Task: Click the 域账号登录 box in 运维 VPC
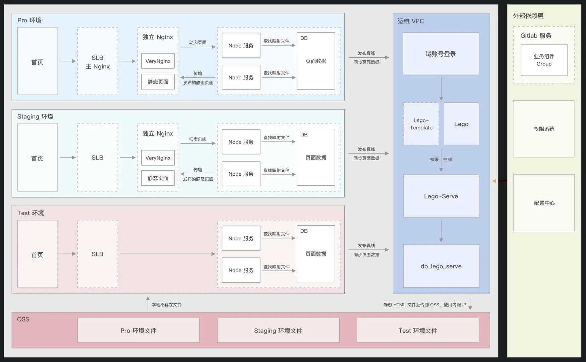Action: (x=441, y=54)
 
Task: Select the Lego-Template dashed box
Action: (x=421, y=124)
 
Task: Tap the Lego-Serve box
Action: (x=441, y=196)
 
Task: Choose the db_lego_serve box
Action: (x=441, y=266)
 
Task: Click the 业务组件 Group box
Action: (x=544, y=60)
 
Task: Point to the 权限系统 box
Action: (x=543, y=129)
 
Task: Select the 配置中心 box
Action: (x=544, y=203)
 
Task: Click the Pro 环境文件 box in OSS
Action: (x=138, y=330)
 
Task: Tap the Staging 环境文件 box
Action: (x=278, y=330)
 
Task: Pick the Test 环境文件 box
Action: (x=418, y=330)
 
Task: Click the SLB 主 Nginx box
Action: (x=98, y=61)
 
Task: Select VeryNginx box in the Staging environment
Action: (x=158, y=158)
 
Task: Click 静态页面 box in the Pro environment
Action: (x=158, y=82)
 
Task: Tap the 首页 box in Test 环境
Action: (x=37, y=254)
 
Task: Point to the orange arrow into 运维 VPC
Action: (x=502, y=181)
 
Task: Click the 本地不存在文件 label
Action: (x=167, y=305)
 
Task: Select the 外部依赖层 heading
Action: (x=528, y=16)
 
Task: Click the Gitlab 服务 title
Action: (x=536, y=36)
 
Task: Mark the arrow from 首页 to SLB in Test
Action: (x=68, y=254)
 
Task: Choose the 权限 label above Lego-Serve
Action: (x=434, y=160)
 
